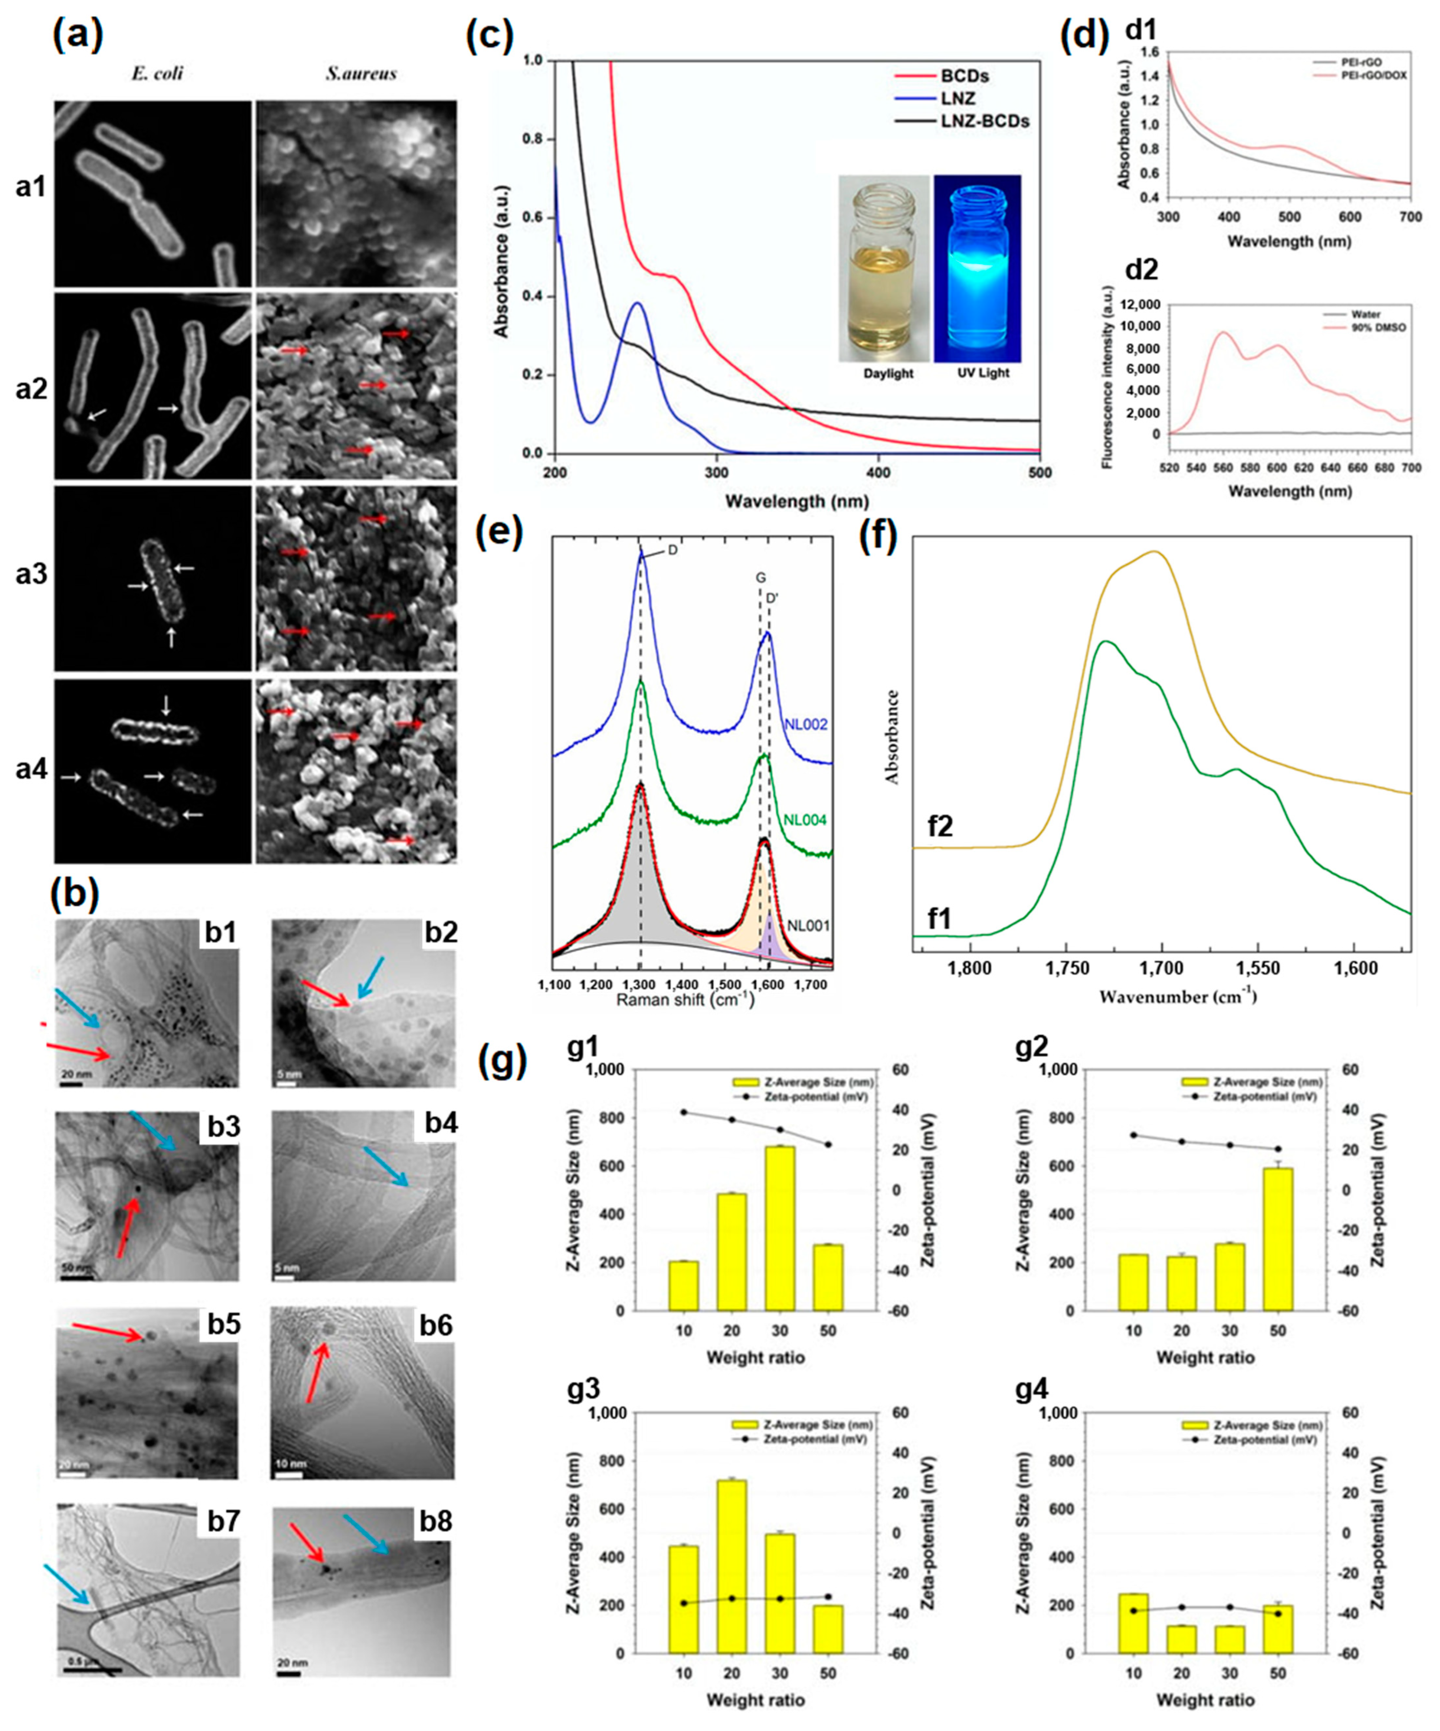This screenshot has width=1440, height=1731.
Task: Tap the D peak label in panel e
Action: pos(673,550)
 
